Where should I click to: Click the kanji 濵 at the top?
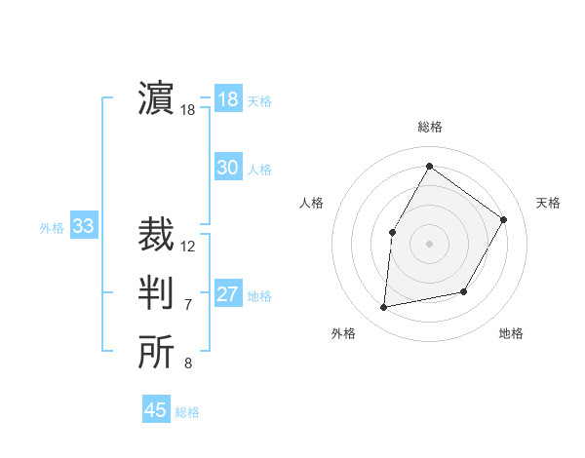(x=156, y=99)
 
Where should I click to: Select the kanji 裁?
(x=156, y=235)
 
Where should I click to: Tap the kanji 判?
(x=156, y=293)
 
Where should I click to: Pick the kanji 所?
(x=156, y=353)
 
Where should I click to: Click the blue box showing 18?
(x=228, y=99)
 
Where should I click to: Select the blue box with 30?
(x=228, y=168)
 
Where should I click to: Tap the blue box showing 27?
(x=228, y=294)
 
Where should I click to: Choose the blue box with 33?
(x=84, y=227)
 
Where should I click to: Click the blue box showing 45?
(x=156, y=410)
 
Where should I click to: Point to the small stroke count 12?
(x=188, y=247)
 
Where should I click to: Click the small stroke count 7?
(x=188, y=305)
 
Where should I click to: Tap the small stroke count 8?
(x=188, y=364)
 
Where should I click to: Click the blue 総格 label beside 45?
(x=187, y=412)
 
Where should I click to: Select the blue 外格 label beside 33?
(x=52, y=228)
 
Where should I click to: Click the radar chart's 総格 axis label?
(x=429, y=127)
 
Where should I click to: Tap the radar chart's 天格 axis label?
(x=548, y=203)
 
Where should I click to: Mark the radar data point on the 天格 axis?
(x=503, y=219)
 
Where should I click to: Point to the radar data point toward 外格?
(x=384, y=307)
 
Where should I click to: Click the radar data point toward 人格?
(x=393, y=232)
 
